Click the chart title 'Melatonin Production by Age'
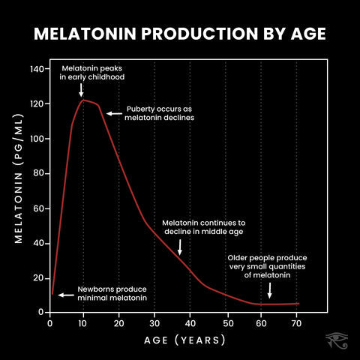(x=180, y=35)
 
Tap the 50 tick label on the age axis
(x=226, y=323)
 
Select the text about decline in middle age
(x=204, y=227)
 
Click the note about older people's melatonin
(x=267, y=265)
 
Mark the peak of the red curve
(x=83, y=100)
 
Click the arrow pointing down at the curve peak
(x=82, y=90)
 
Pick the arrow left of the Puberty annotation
(x=114, y=113)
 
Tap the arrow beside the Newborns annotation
(x=66, y=295)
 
